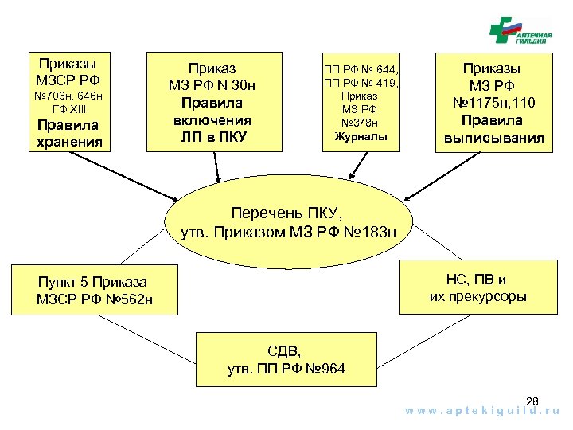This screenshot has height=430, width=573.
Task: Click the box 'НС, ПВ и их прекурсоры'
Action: [478, 287]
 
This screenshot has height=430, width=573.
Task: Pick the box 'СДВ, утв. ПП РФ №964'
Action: [286, 360]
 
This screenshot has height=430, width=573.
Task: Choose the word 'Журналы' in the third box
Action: [360, 135]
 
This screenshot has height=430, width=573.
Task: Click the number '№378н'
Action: [360, 122]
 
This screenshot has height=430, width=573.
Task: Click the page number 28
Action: [532, 401]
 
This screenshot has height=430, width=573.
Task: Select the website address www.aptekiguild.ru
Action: [483, 412]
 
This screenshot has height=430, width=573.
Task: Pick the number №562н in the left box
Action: [127, 299]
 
